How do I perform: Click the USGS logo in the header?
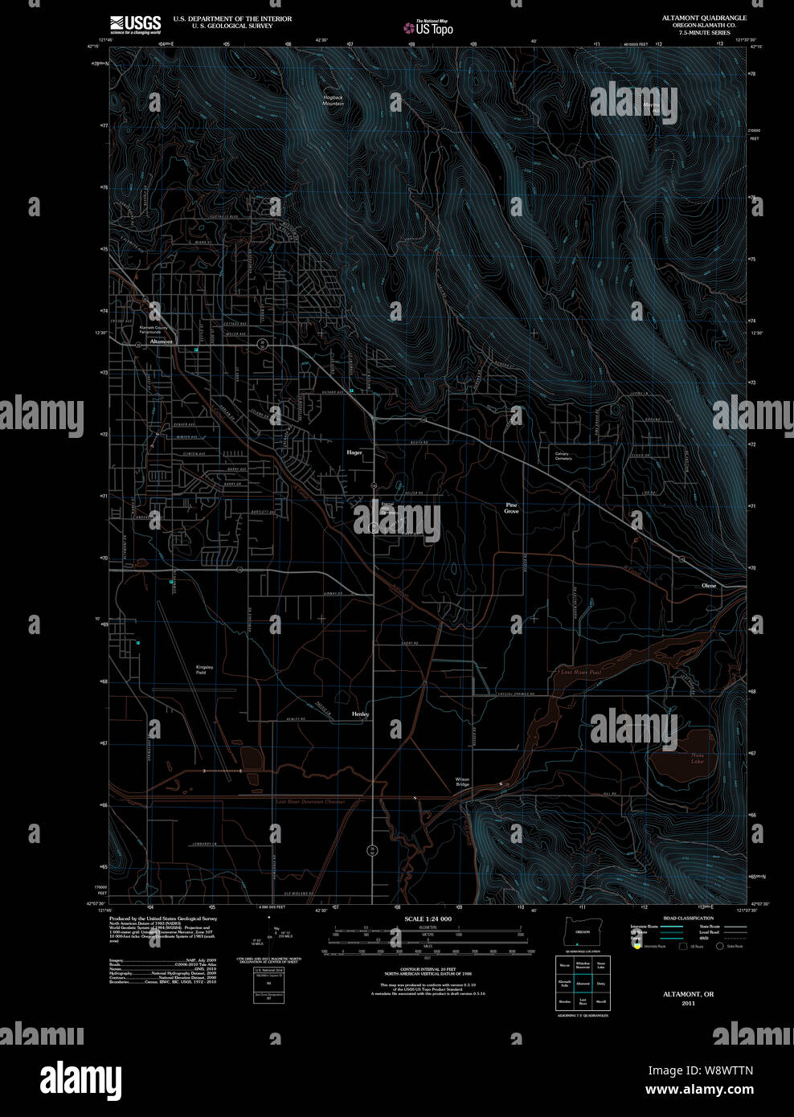135,23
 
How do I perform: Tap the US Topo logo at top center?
429,28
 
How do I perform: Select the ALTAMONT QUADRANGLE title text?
704,18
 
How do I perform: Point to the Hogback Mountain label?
333,100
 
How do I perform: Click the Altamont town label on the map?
161,342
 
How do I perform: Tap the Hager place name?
354,452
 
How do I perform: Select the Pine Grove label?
512,508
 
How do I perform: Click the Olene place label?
709,586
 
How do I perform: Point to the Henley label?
360,714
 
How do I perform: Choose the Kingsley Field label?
205,669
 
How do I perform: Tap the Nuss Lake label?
697,758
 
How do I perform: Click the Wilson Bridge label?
462,782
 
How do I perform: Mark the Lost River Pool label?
580,672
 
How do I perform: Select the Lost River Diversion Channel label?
309,801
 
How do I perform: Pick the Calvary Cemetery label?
563,456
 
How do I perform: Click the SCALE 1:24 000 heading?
428,919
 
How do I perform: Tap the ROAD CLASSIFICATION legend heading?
688,918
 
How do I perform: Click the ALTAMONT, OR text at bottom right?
688,994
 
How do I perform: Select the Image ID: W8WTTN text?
699,1070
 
